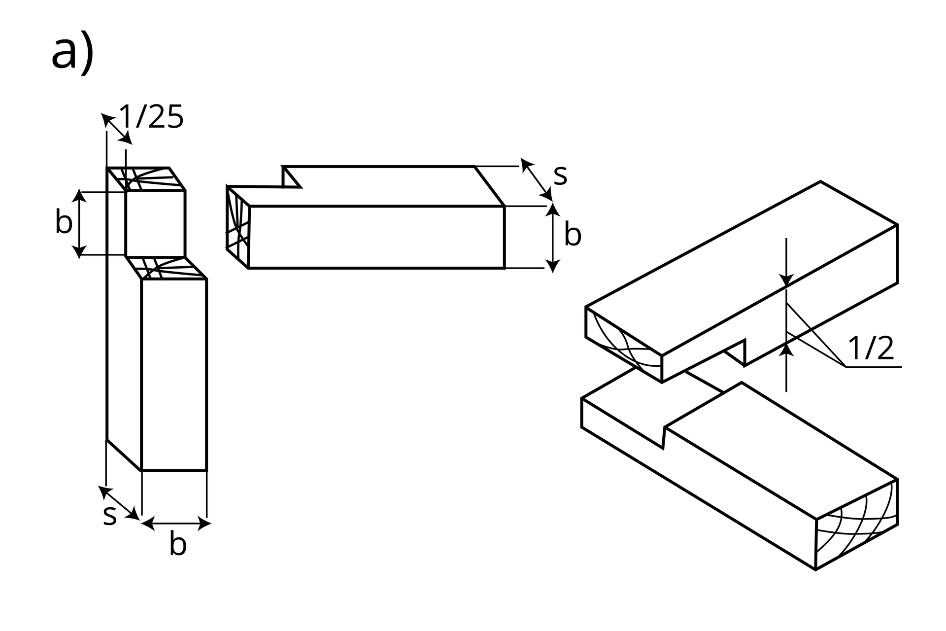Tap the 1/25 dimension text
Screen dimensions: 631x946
click(x=152, y=117)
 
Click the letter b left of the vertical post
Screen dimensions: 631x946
click(x=64, y=222)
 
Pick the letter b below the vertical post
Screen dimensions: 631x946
click(x=178, y=544)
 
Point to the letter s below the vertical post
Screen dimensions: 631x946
click(x=110, y=515)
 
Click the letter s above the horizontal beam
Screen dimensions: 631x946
click(x=560, y=175)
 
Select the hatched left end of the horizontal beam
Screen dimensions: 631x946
click(x=237, y=227)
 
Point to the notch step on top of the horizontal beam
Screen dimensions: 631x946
click(x=291, y=178)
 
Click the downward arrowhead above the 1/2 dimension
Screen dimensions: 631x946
click(x=786, y=280)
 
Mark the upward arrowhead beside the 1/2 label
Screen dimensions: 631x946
click(x=786, y=350)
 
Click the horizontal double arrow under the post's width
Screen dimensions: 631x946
click(x=176, y=524)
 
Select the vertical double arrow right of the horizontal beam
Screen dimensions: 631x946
click(x=553, y=238)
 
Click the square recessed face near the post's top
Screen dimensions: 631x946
click(x=155, y=223)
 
